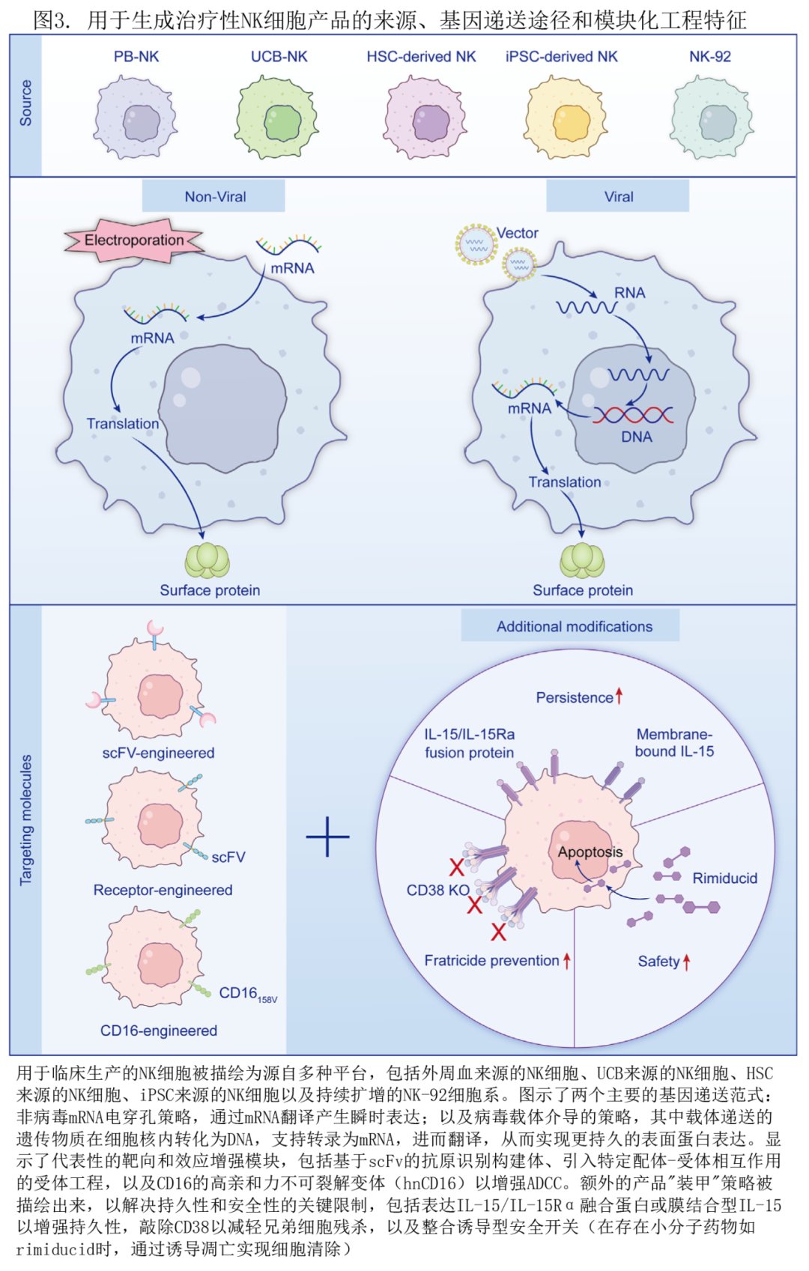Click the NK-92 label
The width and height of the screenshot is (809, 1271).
709,56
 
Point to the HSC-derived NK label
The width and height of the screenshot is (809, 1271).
421,56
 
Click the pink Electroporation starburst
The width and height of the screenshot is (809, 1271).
134,240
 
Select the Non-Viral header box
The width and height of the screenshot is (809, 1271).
214,197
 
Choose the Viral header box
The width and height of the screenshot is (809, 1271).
618,197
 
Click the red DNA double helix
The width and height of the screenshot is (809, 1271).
633,414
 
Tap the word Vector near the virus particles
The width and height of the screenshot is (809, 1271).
517,233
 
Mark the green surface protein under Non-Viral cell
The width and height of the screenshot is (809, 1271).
207,561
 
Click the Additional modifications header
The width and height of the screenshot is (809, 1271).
574,626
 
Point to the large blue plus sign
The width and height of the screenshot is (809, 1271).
327,836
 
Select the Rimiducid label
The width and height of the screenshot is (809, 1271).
724,878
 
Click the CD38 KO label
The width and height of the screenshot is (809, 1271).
437,890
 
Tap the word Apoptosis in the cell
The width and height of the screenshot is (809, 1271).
590,852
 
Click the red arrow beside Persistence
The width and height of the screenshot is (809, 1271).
619,697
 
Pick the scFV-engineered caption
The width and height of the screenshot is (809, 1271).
158,753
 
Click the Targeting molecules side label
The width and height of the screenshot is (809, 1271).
26,819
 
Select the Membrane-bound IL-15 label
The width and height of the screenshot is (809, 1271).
674,743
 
